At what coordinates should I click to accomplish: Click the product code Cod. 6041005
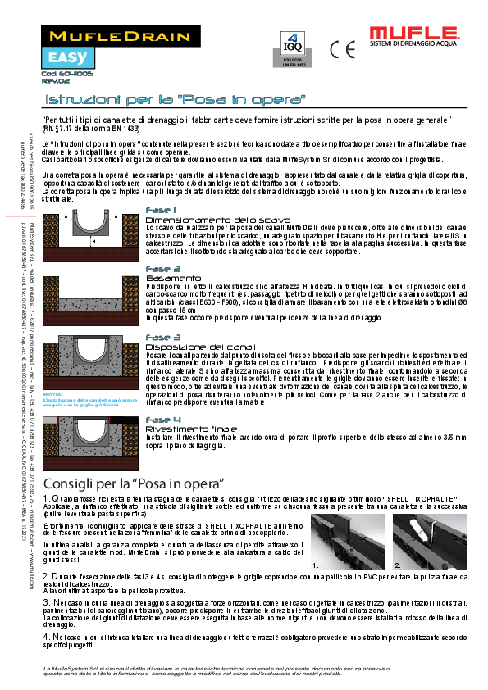point(62,74)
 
